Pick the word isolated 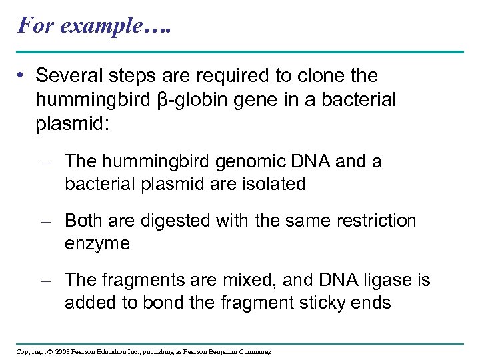269,184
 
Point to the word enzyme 97,244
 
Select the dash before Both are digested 47,221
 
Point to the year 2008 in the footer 62,351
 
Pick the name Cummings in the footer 254,351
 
